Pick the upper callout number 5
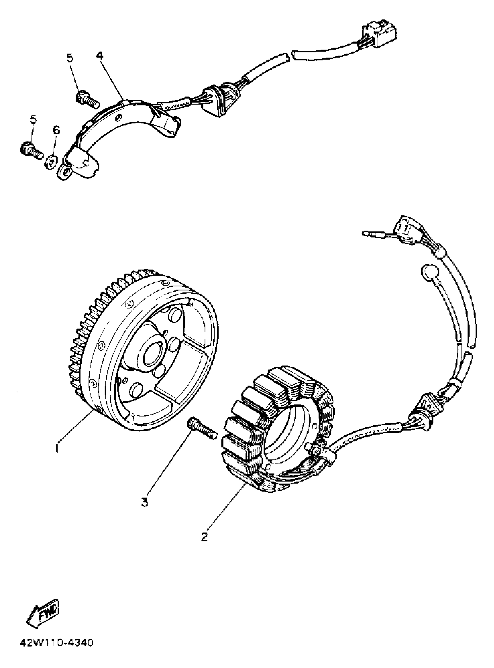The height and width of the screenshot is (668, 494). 69,58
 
